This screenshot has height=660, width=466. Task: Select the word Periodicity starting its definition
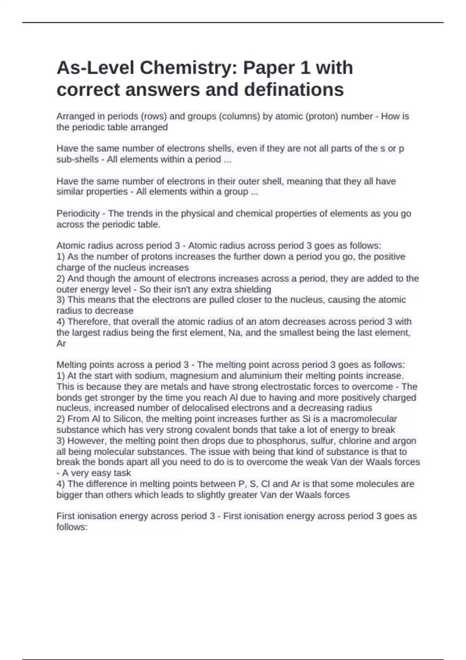(x=78, y=214)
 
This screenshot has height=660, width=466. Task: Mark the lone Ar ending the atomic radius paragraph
(x=61, y=344)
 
